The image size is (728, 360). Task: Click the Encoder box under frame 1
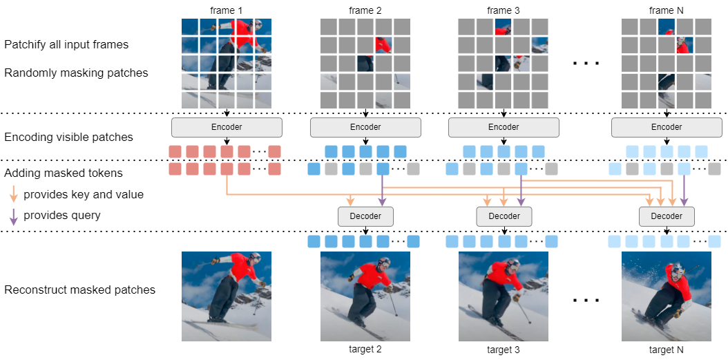click(227, 127)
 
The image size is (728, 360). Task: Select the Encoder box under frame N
click(667, 127)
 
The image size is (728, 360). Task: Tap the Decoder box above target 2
click(365, 216)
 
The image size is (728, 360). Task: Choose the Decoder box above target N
click(667, 216)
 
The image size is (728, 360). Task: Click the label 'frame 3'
click(503, 10)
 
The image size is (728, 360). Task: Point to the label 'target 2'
click(365, 349)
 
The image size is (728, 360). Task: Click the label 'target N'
click(667, 349)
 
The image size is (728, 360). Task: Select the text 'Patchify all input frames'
click(66, 45)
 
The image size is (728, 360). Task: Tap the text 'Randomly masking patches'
click(76, 73)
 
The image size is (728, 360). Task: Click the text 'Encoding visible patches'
click(68, 137)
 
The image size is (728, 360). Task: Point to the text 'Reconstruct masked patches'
click(79, 290)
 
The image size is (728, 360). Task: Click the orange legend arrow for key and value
click(14, 194)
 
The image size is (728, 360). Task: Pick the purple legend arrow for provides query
click(14, 216)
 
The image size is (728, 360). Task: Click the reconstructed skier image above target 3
click(503, 296)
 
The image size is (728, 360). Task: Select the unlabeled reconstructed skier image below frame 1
click(227, 296)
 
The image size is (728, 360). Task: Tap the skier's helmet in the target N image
click(676, 268)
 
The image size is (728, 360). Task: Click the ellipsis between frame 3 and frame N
click(586, 64)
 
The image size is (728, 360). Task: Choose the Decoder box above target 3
click(504, 216)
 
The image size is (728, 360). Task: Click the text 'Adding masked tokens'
click(64, 173)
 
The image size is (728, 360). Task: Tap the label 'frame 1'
click(227, 10)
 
